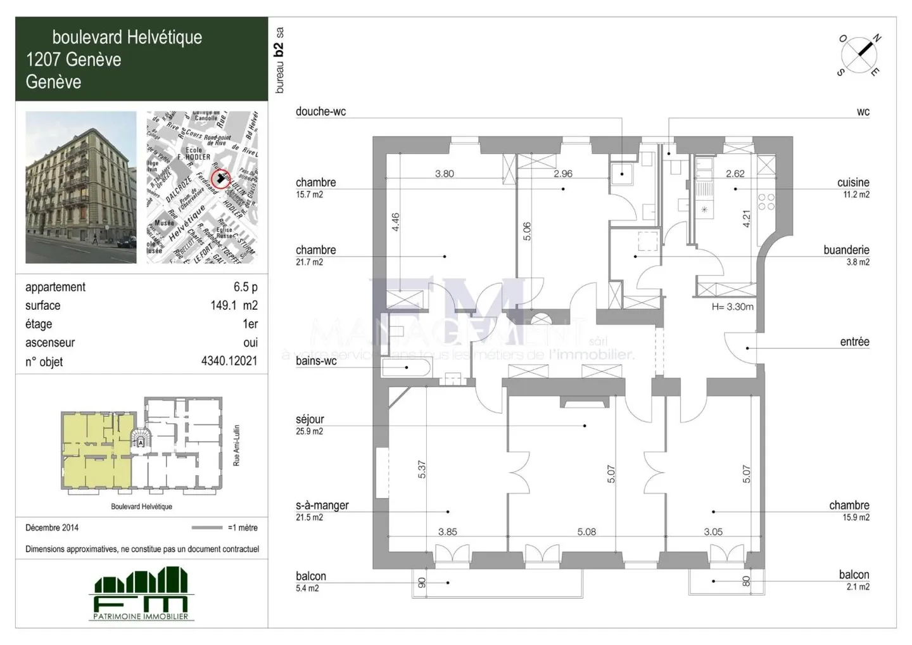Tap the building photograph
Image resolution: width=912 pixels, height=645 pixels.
click(x=80, y=188)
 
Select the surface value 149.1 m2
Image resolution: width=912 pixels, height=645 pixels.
click(x=234, y=305)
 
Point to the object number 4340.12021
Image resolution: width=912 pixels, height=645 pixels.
click(x=229, y=362)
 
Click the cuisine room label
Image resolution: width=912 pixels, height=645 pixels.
click(x=852, y=182)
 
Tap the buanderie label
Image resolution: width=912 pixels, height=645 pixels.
click(x=846, y=250)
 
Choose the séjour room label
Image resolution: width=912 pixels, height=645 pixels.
click(x=310, y=419)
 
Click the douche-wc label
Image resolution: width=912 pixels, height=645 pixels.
click(x=320, y=112)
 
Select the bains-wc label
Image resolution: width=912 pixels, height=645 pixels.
click(x=316, y=361)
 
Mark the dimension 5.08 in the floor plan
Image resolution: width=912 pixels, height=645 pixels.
click(x=586, y=532)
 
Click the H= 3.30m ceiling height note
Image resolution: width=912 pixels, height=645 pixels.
click(x=733, y=307)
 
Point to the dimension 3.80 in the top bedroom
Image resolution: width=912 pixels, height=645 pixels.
click(x=444, y=174)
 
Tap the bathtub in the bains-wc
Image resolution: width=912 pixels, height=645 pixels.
click(x=407, y=367)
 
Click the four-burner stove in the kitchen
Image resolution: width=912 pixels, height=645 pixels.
click(x=766, y=201)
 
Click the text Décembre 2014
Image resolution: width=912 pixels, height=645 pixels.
click(x=52, y=528)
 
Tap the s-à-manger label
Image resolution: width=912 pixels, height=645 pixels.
click(x=322, y=506)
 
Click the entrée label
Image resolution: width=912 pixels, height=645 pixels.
click(x=854, y=342)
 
